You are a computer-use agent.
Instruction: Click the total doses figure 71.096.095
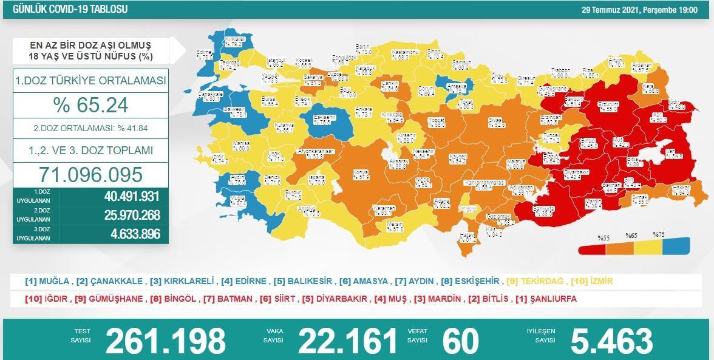90,175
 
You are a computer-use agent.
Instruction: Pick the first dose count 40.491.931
131,197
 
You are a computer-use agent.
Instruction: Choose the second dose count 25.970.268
131,215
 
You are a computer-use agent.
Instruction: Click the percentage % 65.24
90,105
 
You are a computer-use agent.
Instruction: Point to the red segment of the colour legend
593,248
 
